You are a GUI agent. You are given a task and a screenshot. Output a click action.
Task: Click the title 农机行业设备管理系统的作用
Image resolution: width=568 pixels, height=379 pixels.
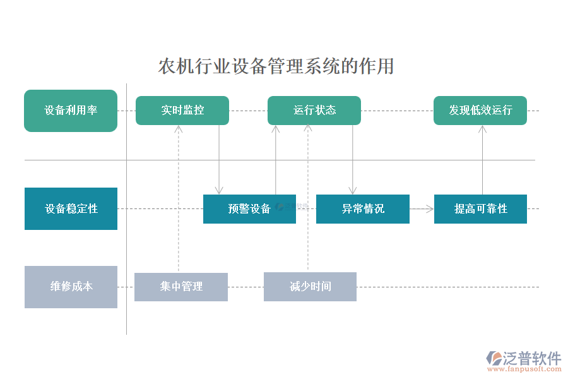276,66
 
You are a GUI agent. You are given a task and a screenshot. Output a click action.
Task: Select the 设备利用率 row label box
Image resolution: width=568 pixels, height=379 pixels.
71,111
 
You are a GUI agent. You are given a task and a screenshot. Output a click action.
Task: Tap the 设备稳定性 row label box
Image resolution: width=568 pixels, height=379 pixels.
71,208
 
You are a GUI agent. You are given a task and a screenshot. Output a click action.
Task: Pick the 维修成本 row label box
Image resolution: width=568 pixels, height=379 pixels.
71,287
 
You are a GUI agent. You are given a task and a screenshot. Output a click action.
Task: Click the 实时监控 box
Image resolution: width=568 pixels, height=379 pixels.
182,111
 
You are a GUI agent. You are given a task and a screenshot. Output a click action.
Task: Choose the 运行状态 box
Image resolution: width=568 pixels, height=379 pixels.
314,111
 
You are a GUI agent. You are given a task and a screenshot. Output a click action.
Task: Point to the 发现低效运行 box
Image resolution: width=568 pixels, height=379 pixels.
480,111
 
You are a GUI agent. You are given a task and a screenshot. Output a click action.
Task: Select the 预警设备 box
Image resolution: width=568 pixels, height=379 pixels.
249,209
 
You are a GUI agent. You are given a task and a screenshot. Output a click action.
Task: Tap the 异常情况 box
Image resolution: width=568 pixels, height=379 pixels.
363,209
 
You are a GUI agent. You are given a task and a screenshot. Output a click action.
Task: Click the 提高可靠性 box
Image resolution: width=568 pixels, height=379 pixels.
480,209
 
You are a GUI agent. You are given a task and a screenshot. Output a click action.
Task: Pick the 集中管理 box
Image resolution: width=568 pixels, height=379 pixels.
181,287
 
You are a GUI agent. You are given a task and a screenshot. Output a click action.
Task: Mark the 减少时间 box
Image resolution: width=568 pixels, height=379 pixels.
310,287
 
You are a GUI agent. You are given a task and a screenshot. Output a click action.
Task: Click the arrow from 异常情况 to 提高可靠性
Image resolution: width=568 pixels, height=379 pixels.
422,208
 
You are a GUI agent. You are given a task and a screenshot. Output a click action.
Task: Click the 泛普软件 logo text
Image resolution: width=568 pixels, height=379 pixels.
531,359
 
